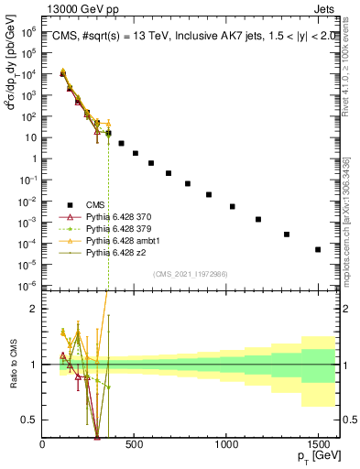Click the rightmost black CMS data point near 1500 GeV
tap(318, 249)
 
